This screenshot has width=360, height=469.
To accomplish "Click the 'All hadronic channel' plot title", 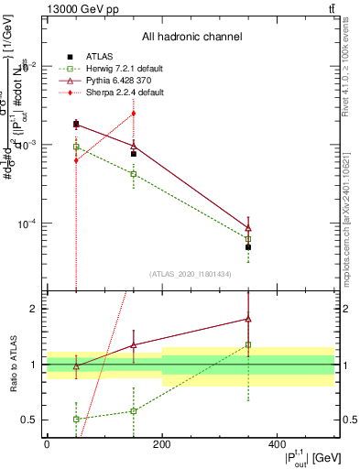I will click(191, 37).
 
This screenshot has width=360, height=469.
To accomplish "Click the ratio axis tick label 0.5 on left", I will click(31, 420).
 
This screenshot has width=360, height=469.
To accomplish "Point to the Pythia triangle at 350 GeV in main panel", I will click(248, 228).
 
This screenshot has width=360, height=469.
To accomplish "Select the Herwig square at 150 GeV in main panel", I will click(134, 173).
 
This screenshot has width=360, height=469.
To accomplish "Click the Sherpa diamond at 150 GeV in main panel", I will click(134, 114).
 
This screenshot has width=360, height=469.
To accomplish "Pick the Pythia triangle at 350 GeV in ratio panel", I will click(248, 319).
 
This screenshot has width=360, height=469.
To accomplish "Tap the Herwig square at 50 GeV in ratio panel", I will click(76, 419).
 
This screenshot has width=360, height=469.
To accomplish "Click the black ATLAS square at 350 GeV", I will click(248, 247).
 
